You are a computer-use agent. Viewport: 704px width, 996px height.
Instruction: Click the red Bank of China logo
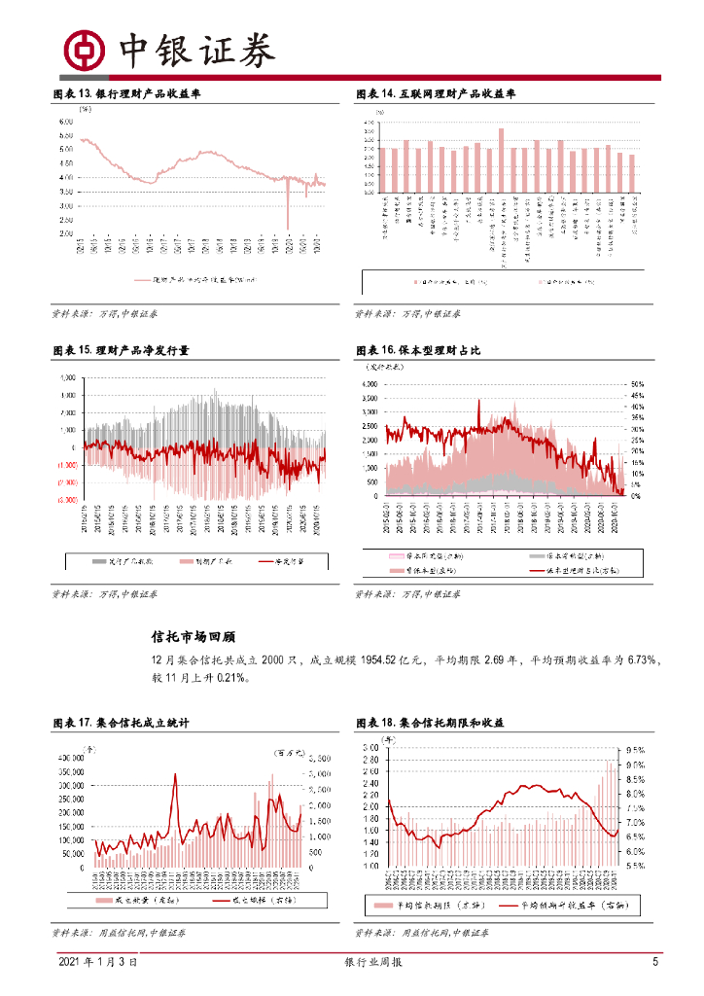[x=84, y=49]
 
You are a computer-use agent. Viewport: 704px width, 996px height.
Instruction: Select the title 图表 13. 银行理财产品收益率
[x=126, y=94]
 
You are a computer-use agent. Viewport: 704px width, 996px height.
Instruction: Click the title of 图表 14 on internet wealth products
[x=436, y=94]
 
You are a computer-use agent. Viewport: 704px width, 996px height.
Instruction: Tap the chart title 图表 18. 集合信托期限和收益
[x=430, y=724]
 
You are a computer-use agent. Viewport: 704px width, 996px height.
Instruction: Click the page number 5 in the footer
[x=655, y=962]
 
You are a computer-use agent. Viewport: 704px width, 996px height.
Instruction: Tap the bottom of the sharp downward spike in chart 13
[x=288, y=228]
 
